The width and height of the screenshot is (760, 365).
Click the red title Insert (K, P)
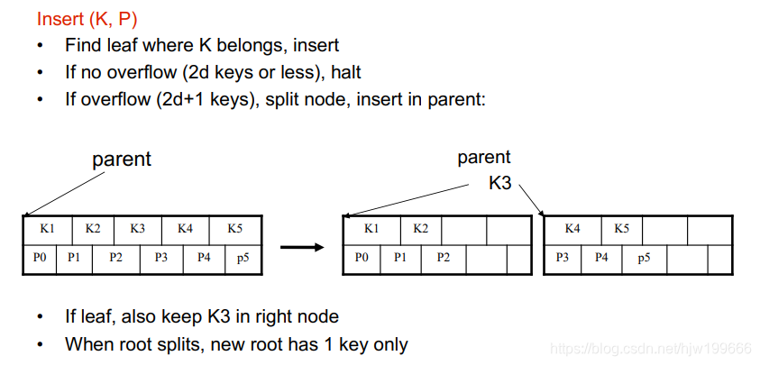pyautogui.click(x=87, y=19)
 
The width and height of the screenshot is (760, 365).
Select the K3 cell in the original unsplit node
pyautogui.click(x=137, y=229)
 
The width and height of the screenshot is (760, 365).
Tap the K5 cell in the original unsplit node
pyautogui.click(x=234, y=229)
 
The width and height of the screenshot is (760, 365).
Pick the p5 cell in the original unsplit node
pyautogui.click(x=243, y=258)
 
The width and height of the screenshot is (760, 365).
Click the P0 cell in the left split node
pyautogui.click(x=362, y=258)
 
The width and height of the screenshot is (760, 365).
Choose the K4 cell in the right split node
pyautogui.click(x=572, y=229)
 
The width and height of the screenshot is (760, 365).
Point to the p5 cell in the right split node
pyautogui.click(x=644, y=258)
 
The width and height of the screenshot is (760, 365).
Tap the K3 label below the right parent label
pyautogui.click(x=499, y=183)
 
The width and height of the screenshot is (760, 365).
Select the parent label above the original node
pyautogui.click(x=122, y=160)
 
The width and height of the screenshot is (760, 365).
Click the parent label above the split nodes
pyautogui.click(x=484, y=158)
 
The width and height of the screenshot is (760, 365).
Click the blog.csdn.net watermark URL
pyautogui.click(x=650, y=348)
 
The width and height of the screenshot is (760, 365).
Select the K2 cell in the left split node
pyautogui.click(x=421, y=229)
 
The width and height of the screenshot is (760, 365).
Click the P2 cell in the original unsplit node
pyautogui.click(x=115, y=258)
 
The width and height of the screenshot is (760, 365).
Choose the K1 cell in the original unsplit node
pyautogui.click(x=48, y=229)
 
